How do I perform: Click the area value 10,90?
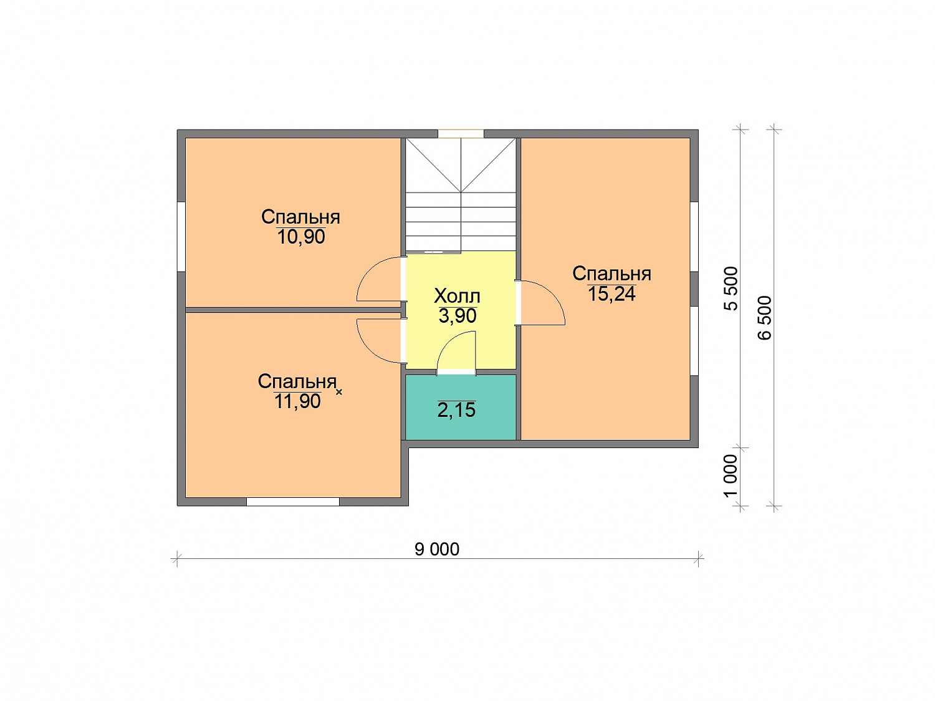(300, 237)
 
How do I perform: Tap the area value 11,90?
(297, 401)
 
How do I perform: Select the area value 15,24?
(611, 293)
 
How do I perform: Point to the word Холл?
(457, 296)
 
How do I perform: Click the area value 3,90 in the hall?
(458, 316)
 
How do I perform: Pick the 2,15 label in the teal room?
(456, 410)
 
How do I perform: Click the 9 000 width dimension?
(437, 549)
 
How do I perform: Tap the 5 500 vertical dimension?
(731, 289)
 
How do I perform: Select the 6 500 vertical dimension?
(765, 318)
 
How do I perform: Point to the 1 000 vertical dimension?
(731, 476)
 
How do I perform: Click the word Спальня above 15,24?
(611, 274)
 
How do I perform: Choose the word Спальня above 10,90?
(300, 217)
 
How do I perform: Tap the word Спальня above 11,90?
(297, 381)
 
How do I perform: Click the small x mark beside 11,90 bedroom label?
(339, 392)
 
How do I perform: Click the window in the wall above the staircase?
(461, 133)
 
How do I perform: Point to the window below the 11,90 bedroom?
(293, 502)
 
